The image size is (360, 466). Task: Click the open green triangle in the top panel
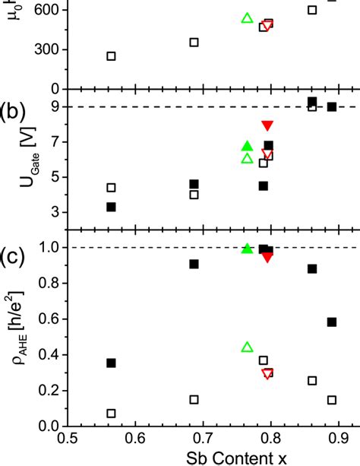[x=246, y=17]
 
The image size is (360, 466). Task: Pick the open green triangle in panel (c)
[x=246, y=347]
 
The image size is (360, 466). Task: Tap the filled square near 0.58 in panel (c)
[x=332, y=322]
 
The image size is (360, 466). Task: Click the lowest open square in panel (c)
[x=112, y=414]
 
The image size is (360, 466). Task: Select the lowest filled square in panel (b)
[x=112, y=207]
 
